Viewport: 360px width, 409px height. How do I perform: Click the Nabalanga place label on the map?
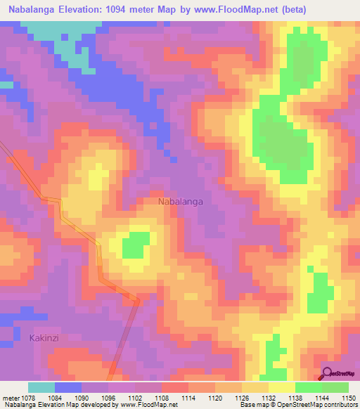tap(181, 202)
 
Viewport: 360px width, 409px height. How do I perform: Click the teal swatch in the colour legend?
tap(41, 387)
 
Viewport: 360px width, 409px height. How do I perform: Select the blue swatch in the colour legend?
tap(68, 387)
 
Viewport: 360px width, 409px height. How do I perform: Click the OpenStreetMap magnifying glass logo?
tap(328, 373)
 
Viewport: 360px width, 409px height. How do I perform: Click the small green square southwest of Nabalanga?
tap(136, 246)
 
